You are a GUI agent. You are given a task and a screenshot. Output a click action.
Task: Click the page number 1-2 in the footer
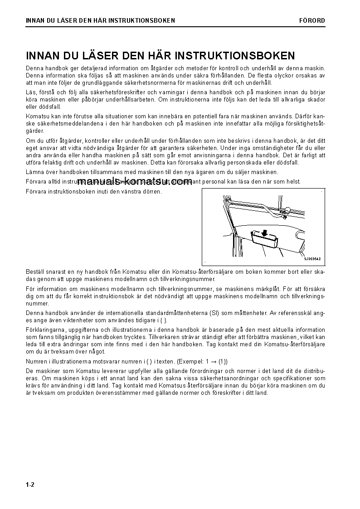coord(30,485)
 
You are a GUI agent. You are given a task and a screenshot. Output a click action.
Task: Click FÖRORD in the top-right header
coord(312,20)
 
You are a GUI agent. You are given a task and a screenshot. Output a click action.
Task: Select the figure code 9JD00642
coord(312,259)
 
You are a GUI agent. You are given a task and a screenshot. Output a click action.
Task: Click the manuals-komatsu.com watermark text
coord(135,182)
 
